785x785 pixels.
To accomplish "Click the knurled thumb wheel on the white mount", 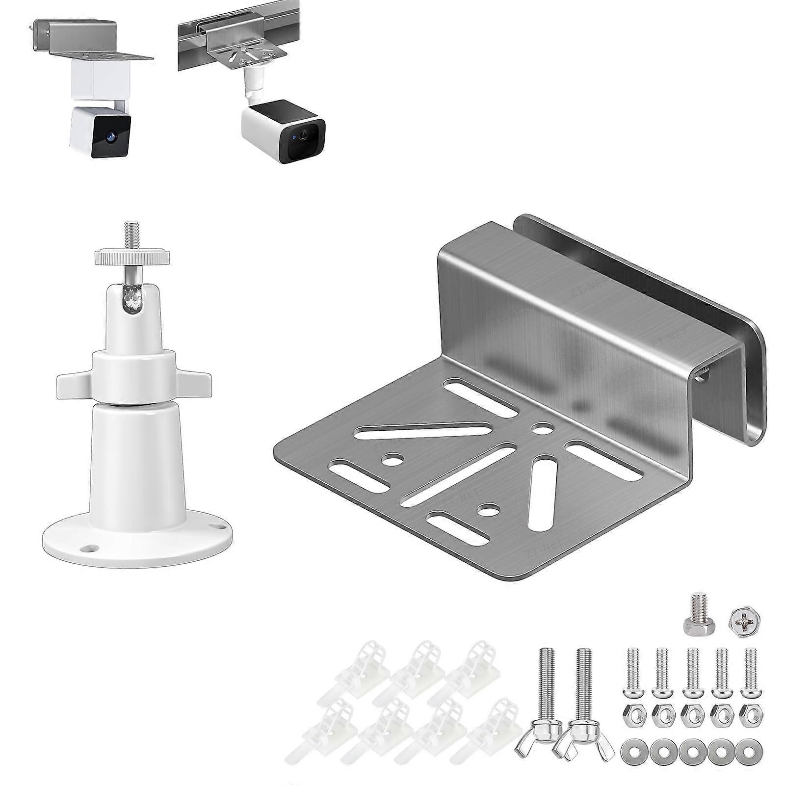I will click(132, 257).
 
